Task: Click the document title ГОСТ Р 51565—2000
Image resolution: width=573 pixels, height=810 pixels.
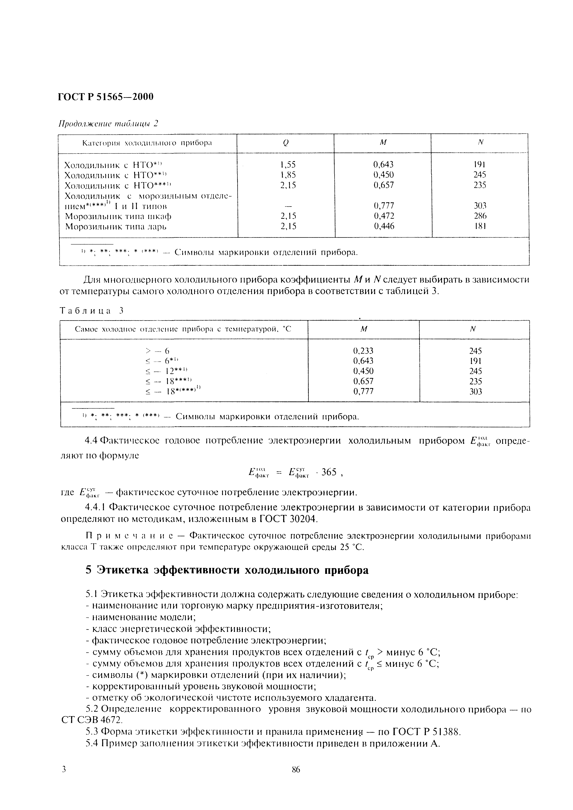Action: coord(106,96)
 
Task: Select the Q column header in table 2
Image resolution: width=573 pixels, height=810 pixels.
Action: coord(285,143)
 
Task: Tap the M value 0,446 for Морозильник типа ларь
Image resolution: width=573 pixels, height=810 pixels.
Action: coord(384,226)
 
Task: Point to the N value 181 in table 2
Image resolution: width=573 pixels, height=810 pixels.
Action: coord(480,226)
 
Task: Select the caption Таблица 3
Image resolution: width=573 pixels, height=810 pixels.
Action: coord(92,311)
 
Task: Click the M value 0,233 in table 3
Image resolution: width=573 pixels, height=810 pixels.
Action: coord(363,351)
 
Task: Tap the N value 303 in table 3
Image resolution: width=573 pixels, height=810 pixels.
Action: coord(475,391)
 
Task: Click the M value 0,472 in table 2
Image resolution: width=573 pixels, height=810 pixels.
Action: coord(384,216)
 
